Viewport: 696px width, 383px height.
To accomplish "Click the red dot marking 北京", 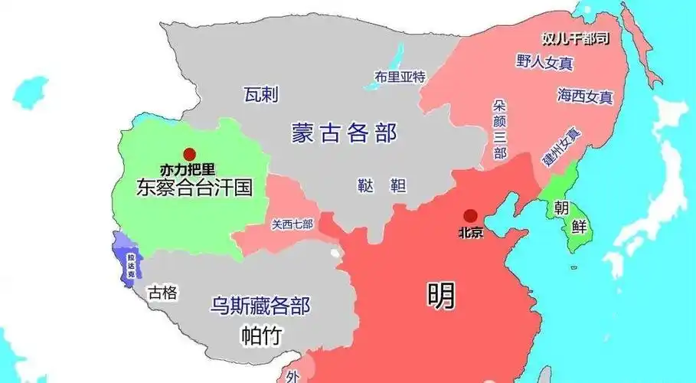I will (471, 216).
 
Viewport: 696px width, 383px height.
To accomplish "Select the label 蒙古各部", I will (344, 133).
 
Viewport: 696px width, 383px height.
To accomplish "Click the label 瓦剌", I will (261, 95).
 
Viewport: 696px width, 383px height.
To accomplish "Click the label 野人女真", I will (545, 62).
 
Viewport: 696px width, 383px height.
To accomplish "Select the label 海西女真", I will (585, 96).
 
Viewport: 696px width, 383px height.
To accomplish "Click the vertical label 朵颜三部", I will (500, 128).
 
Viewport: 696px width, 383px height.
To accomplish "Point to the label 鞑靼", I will (381, 185).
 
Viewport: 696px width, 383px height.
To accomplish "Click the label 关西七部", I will (292, 224).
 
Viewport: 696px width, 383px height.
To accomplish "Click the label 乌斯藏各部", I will (260, 306).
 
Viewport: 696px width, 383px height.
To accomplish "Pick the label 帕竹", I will (260, 336).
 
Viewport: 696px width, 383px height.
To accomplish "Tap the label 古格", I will (163, 292).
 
